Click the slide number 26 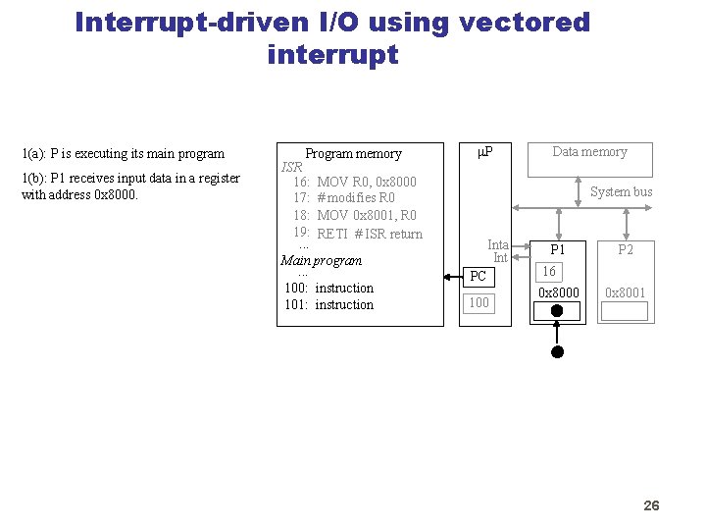coord(651,505)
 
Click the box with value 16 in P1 coord(549,272)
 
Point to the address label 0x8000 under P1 coord(559,292)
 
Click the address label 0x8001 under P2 coord(626,292)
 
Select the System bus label coord(621,192)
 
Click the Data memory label coord(589,151)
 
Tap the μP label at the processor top coord(484,152)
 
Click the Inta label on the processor coord(498,245)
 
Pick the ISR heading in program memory coord(292,167)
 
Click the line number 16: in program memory coord(301,183)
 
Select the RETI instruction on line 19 coord(332,234)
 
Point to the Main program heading coord(321,261)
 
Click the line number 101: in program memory coord(296,305)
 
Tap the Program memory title coord(353,153)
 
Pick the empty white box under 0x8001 coord(625,312)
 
